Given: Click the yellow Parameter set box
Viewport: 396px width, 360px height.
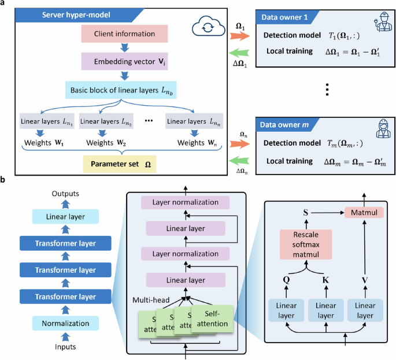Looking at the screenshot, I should pyautogui.click(x=120, y=164).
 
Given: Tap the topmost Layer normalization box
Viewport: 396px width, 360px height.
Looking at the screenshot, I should pyautogui.click(x=186, y=203).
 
